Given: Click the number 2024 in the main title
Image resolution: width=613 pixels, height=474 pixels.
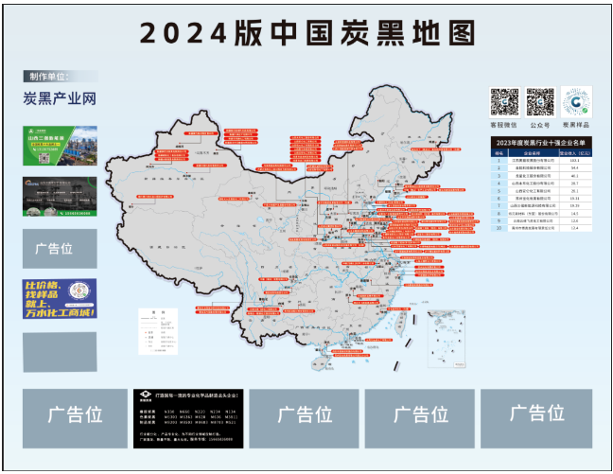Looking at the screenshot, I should click(x=184, y=33).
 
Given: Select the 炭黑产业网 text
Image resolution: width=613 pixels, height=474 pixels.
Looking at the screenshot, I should click(x=61, y=98).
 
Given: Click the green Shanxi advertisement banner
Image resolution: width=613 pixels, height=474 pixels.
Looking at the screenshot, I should click(x=59, y=146).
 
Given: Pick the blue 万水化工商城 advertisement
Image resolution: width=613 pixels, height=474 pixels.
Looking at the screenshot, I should click(x=59, y=299).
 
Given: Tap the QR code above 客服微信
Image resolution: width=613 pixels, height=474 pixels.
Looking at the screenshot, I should click(x=503, y=101).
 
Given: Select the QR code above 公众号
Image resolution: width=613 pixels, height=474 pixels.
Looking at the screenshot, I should click(x=539, y=101).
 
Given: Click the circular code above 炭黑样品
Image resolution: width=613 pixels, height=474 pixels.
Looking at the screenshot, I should click(x=576, y=101).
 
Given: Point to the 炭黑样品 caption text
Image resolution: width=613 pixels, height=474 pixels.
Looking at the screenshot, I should click(x=576, y=125).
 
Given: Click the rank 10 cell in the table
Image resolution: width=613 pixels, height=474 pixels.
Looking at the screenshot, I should click(x=499, y=228).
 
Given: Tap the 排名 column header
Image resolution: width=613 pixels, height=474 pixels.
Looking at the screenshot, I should click(x=499, y=151).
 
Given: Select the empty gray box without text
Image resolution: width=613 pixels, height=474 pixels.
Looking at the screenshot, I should click(x=59, y=351).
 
